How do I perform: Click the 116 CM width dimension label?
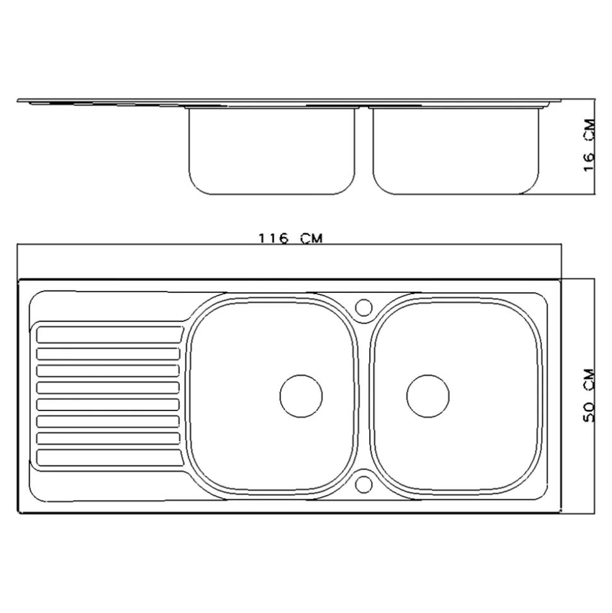[x=291, y=238]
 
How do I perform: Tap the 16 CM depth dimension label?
[x=589, y=145]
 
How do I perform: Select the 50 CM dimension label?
[x=589, y=395]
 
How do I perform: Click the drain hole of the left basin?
[x=302, y=396]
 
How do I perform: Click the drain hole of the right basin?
[x=428, y=396]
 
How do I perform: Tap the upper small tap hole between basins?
[x=364, y=307]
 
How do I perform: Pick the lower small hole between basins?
[x=364, y=484]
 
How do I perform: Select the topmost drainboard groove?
[x=110, y=335]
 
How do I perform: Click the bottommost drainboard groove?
[x=110, y=458]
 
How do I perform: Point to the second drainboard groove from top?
[x=109, y=354]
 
